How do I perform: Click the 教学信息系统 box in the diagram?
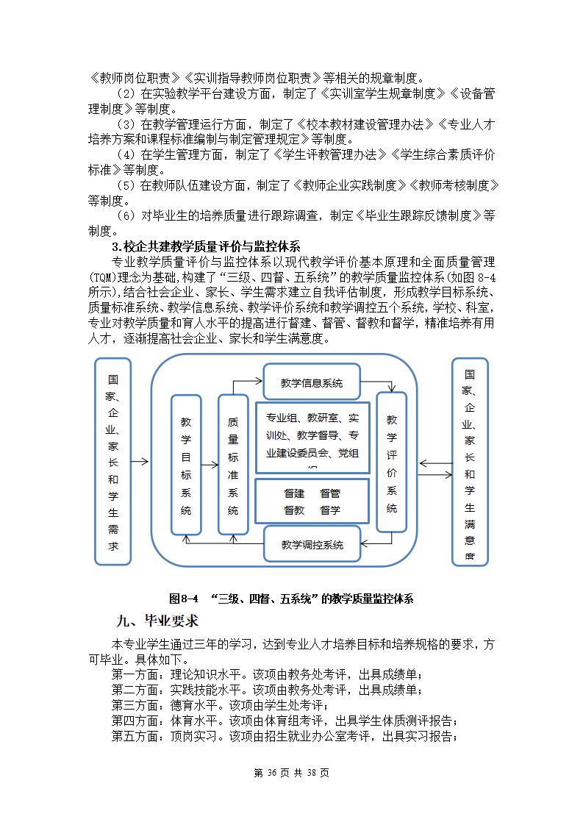pos(312,383)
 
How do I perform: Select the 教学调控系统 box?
pos(312,545)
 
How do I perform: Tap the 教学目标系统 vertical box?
pos(186,464)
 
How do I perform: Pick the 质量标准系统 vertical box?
pos(233,464)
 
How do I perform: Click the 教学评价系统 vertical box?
pos(391,462)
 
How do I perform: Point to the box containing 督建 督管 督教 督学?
pos(312,501)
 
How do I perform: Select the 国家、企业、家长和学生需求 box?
pos(113,462)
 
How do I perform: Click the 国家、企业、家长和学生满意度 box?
pos(469,462)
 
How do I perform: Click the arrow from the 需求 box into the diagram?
pos(140,462)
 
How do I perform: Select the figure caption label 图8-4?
pos(184,599)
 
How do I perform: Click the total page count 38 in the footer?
pos(311,773)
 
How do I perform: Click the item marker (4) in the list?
pos(126,154)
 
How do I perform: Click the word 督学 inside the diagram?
pos(329,509)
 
